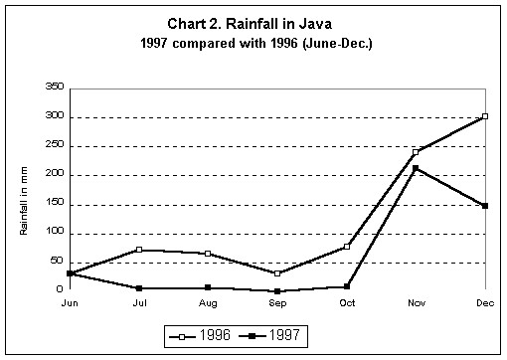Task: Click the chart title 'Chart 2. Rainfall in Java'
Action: pyautogui.click(x=253, y=26)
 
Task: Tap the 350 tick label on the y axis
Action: pyautogui.click(x=55, y=88)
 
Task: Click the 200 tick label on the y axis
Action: pyautogui.click(x=55, y=175)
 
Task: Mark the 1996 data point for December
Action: pyautogui.click(x=484, y=116)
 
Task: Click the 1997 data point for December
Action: pyautogui.click(x=484, y=206)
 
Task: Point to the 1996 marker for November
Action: pyautogui.click(x=416, y=152)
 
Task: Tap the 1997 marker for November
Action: pyautogui.click(x=416, y=168)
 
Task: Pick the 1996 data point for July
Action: pyautogui.click(x=139, y=250)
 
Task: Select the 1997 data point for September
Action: pyautogui.click(x=277, y=291)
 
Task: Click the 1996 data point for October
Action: pyautogui.click(x=346, y=246)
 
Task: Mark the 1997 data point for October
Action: pyautogui.click(x=346, y=286)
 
